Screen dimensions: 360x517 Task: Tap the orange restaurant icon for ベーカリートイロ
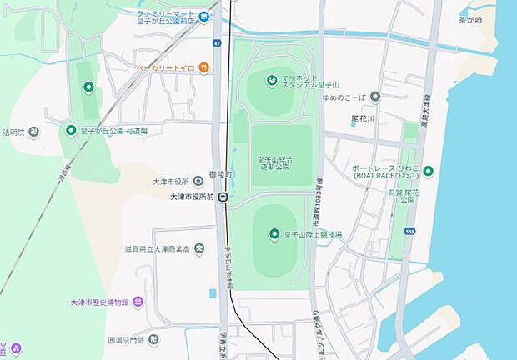(x=203, y=67)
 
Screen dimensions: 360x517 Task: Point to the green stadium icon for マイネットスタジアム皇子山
(x=271, y=80)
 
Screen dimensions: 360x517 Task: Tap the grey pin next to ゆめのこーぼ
(x=375, y=97)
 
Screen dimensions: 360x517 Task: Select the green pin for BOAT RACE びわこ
(x=428, y=172)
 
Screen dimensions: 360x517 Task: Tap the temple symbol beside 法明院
(x=33, y=131)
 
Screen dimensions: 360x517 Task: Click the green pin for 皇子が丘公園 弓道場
(x=71, y=130)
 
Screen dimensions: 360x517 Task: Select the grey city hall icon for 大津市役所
(x=198, y=180)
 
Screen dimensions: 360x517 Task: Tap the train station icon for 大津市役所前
(x=222, y=197)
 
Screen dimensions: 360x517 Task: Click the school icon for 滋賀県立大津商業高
(x=198, y=248)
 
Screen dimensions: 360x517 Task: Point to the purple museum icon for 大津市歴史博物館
(x=138, y=301)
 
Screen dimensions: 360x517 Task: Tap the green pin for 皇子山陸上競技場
(x=274, y=234)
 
